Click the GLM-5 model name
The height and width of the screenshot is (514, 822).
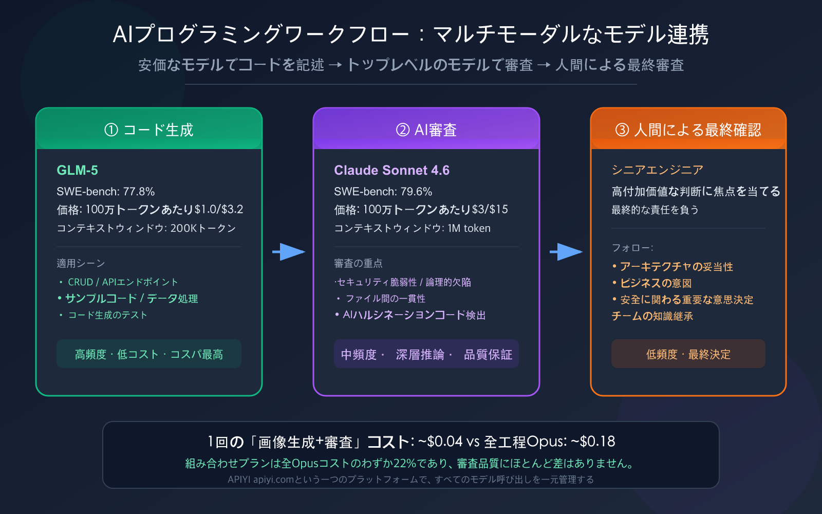coord(77,170)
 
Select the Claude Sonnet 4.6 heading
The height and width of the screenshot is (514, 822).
coord(391,170)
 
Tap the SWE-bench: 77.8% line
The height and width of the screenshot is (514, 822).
coord(105,192)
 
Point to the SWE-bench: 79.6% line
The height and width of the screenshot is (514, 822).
coord(383,192)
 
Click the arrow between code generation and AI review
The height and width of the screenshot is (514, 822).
coord(289,252)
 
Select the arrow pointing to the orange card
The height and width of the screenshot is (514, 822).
coord(566,252)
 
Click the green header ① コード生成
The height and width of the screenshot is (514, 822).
coord(149,130)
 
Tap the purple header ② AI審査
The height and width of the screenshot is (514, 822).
coord(426,130)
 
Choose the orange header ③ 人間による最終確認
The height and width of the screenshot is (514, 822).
coord(688,130)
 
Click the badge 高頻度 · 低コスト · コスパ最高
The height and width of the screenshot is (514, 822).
coord(149,354)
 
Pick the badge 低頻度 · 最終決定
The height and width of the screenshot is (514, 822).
coord(688,354)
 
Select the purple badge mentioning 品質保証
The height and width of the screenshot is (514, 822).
coord(426,354)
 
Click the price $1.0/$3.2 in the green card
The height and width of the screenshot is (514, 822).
coord(219,210)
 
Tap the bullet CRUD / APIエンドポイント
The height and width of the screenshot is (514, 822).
coord(123,282)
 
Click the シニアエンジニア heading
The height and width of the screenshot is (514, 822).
coord(657,170)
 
